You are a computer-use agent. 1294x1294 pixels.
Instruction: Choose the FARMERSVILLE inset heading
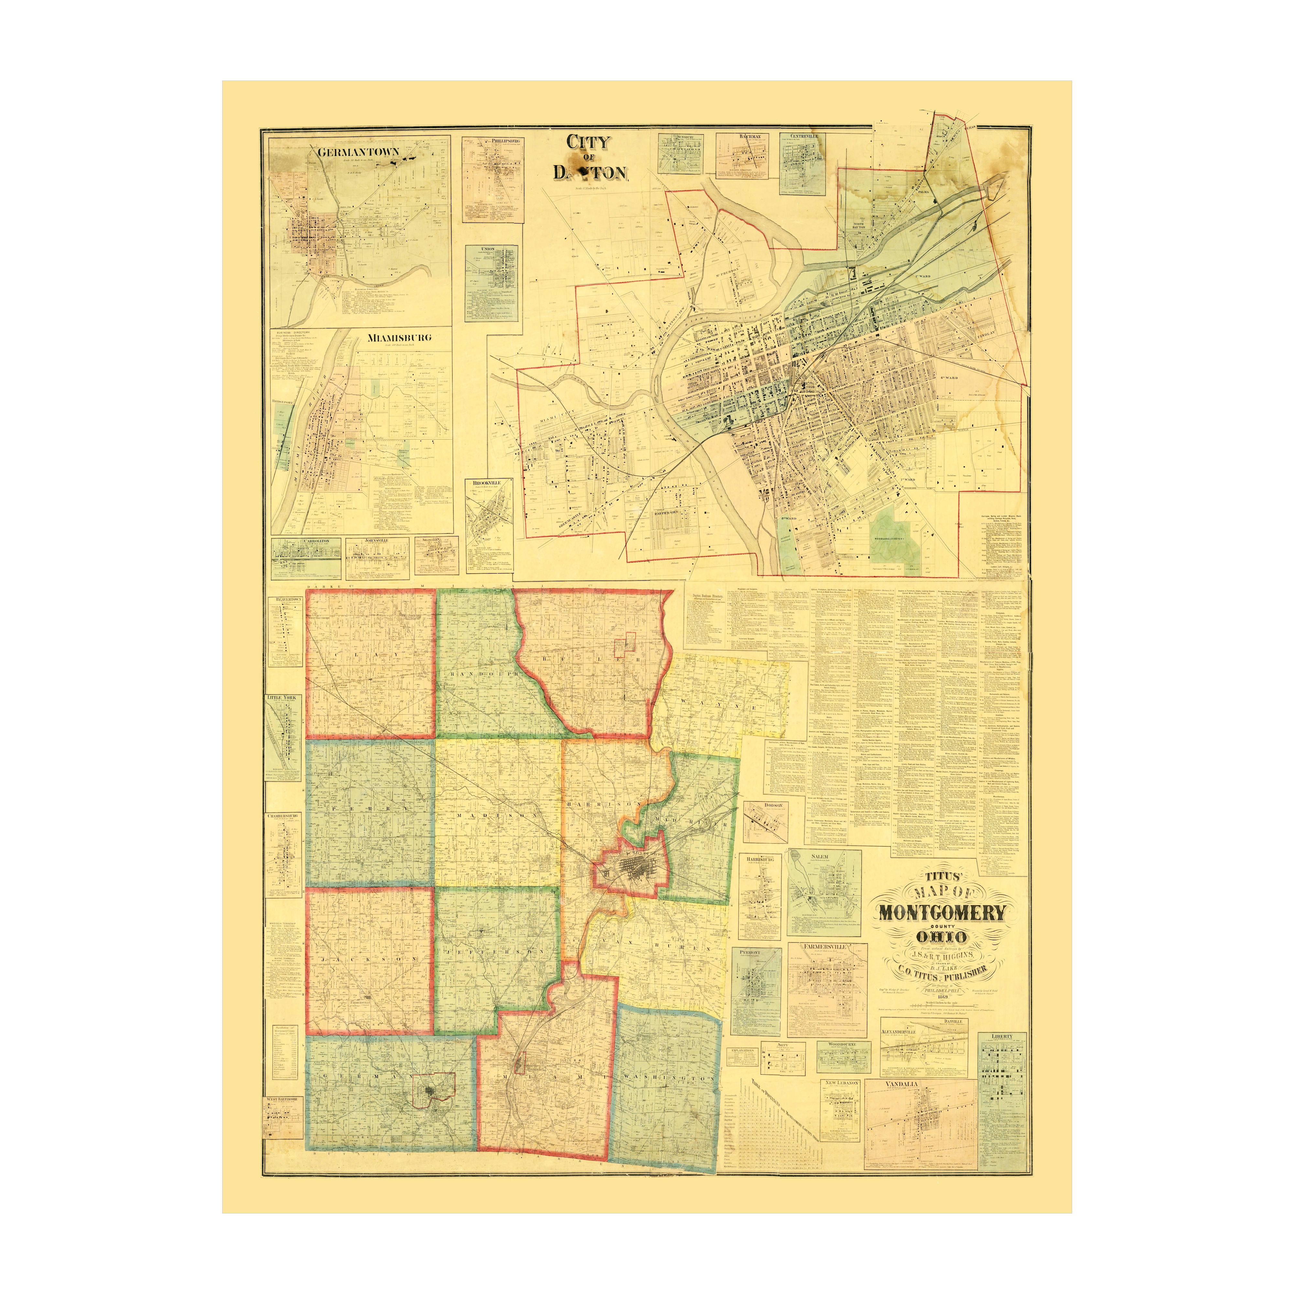coord(827,947)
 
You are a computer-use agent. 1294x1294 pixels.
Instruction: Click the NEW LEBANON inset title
coord(842,1082)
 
